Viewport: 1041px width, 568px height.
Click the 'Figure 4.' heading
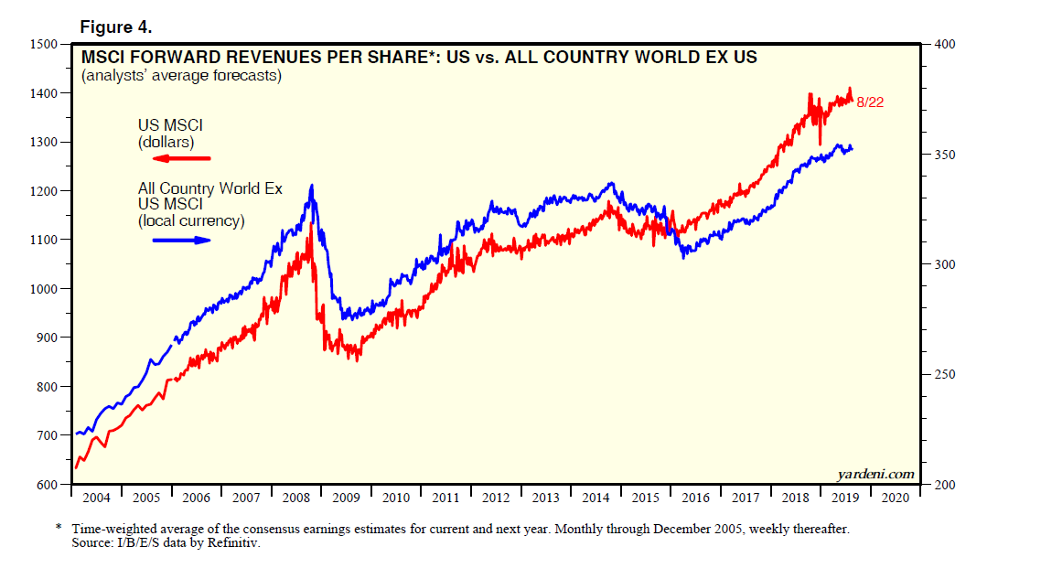click(x=115, y=27)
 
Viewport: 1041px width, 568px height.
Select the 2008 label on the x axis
click(x=295, y=498)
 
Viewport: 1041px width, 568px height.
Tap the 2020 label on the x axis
click(x=894, y=498)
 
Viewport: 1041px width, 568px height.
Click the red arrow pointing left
click(x=180, y=159)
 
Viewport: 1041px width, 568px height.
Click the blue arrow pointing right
click(x=181, y=241)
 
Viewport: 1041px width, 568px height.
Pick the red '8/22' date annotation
click(x=870, y=102)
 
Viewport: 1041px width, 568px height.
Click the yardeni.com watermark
click(x=875, y=474)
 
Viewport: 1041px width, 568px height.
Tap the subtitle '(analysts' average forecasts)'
click(x=181, y=76)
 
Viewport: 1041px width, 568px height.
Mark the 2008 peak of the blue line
click(x=312, y=186)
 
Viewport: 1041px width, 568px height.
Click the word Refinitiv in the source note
click(x=235, y=543)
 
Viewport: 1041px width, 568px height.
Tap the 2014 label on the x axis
click(x=595, y=498)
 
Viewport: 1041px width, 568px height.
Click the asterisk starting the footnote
click(x=58, y=529)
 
